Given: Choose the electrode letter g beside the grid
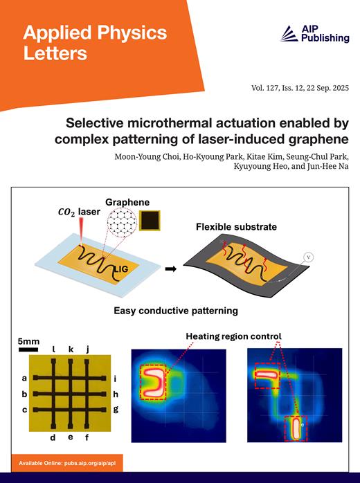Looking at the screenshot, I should pyautogui.click(x=115, y=408).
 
